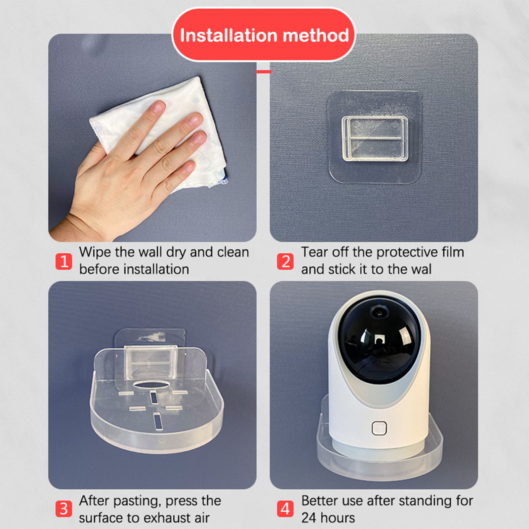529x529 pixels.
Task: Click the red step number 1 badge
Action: pyautogui.click(x=64, y=261)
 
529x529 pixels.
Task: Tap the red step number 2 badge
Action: pyautogui.click(x=285, y=261)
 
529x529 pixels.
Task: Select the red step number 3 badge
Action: pyautogui.click(x=64, y=509)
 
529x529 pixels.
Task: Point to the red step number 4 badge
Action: pyautogui.click(x=285, y=509)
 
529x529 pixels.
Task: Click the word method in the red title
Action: pyautogui.click(x=316, y=35)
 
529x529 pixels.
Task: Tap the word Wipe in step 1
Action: pyautogui.click(x=95, y=252)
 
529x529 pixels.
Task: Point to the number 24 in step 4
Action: pyautogui.click(x=309, y=518)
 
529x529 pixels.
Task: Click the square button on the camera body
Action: pyautogui.click(x=379, y=428)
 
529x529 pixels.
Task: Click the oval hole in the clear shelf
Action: pyautogui.click(x=153, y=384)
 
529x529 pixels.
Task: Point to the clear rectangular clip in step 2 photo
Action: pyautogui.click(x=375, y=139)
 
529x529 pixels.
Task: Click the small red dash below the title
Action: pyautogui.click(x=264, y=71)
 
